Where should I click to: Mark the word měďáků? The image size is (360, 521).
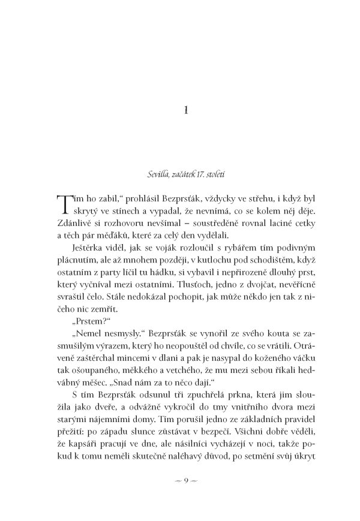pyautogui.click(x=113, y=234)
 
